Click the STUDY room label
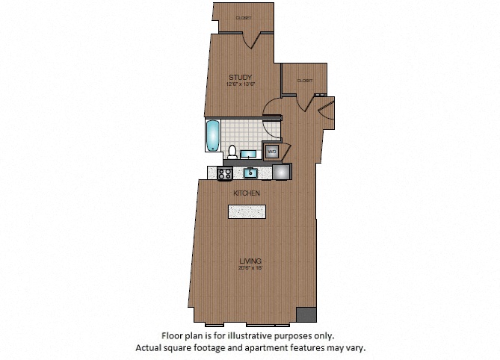241,77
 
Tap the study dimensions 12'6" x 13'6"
241,84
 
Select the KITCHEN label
247,193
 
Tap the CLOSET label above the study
243,17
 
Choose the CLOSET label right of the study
304,80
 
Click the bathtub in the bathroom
213,136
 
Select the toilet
232,152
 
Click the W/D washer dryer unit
273,151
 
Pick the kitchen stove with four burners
225,173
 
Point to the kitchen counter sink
252,173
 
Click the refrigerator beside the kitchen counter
283,173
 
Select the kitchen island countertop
247,211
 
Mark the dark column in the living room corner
304,314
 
